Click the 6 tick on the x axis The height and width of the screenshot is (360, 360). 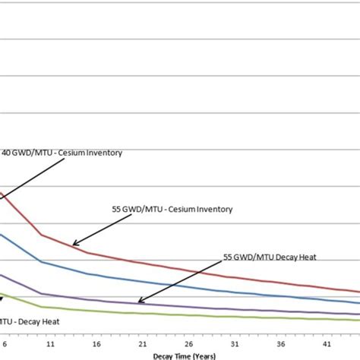click(5, 344)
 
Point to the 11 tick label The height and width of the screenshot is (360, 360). click(49, 344)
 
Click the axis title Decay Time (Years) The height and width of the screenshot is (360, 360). click(185, 355)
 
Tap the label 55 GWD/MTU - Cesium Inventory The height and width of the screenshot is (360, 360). click(171, 209)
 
